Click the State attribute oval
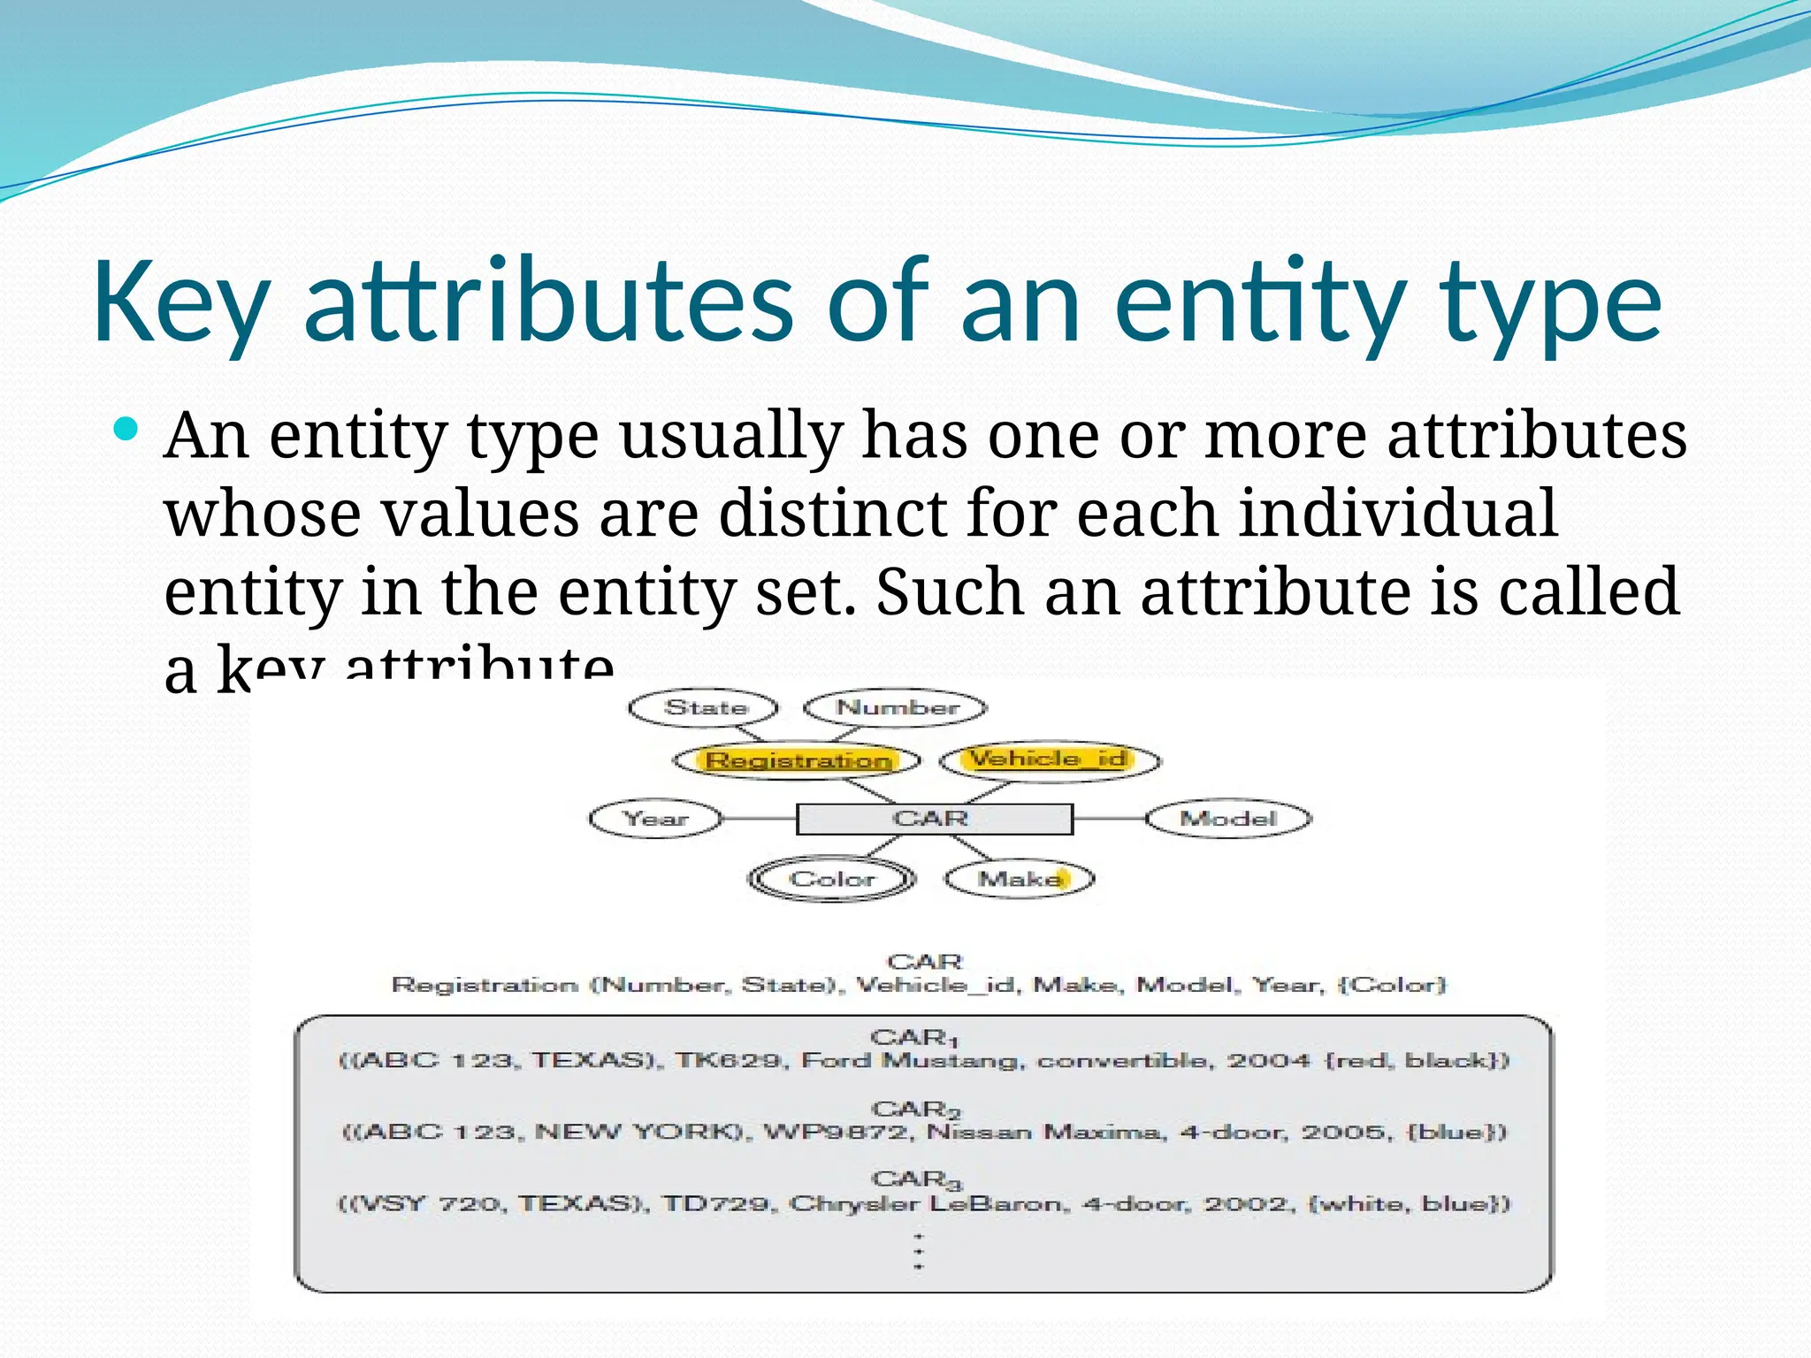pyautogui.click(x=704, y=708)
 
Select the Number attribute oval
pyautogui.click(x=896, y=708)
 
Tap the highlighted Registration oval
pyautogui.click(x=797, y=760)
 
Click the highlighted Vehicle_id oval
pyautogui.click(x=1049, y=759)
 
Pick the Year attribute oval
pyautogui.click(x=655, y=819)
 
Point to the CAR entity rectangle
pyautogui.click(x=934, y=819)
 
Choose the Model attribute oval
pyautogui.click(x=1228, y=819)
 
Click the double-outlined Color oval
pyautogui.click(x=831, y=880)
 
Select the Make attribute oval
pyautogui.click(x=1020, y=879)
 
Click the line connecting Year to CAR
pyautogui.click(x=759, y=819)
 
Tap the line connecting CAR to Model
pyautogui.click(x=1109, y=819)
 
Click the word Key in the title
pyautogui.click(x=181, y=302)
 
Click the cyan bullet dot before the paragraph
pyautogui.click(x=127, y=431)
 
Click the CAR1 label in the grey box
pyautogui.click(x=913, y=1037)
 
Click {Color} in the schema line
pyautogui.click(x=1393, y=985)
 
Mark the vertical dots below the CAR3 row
pyautogui.click(x=919, y=1251)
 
